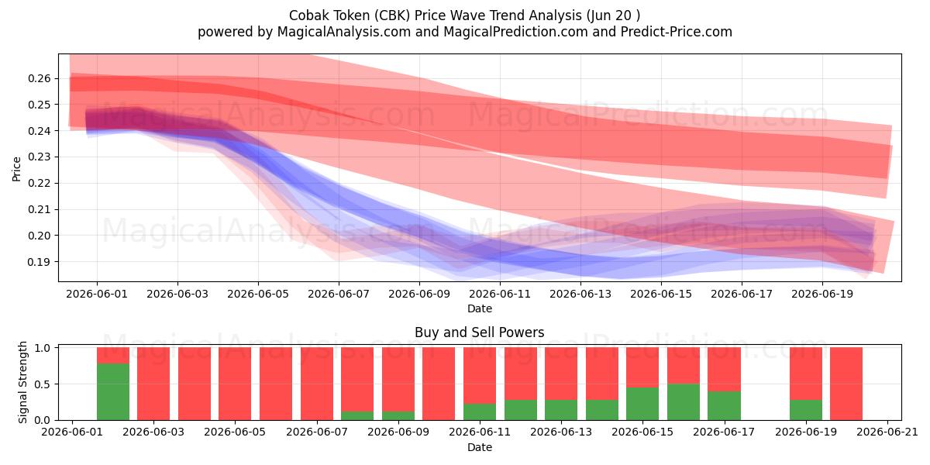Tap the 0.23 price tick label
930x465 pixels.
(x=40, y=157)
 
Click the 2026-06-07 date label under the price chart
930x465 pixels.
(x=339, y=294)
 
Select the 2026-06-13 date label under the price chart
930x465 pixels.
(x=580, y=294)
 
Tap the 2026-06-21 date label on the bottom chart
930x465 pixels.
(x=887, y=432)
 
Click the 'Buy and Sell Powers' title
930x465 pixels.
(x=479, y=332)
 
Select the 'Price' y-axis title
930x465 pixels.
(x=16, y=169)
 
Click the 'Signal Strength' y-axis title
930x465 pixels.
(x=22, y=382)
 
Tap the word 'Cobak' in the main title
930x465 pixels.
(x=306, y=15)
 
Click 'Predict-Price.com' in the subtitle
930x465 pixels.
(x=677, y=32)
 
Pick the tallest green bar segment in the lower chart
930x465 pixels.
(x=113, y=391)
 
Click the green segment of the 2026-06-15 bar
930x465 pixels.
(x=642, y=404)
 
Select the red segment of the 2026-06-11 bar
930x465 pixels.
(x=480, y=375)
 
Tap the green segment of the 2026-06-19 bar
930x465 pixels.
(x=805, y=410)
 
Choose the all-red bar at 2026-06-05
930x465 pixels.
(x=235, y=384)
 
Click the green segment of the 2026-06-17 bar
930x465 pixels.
(x=724, y=405)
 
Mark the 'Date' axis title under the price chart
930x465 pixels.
(x=480, y=308)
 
